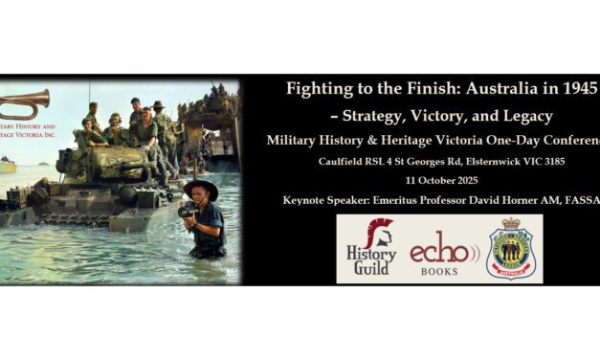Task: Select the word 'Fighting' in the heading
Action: (321, 92)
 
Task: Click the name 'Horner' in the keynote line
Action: (525, 199)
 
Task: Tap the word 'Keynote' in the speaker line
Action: (310, 199)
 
